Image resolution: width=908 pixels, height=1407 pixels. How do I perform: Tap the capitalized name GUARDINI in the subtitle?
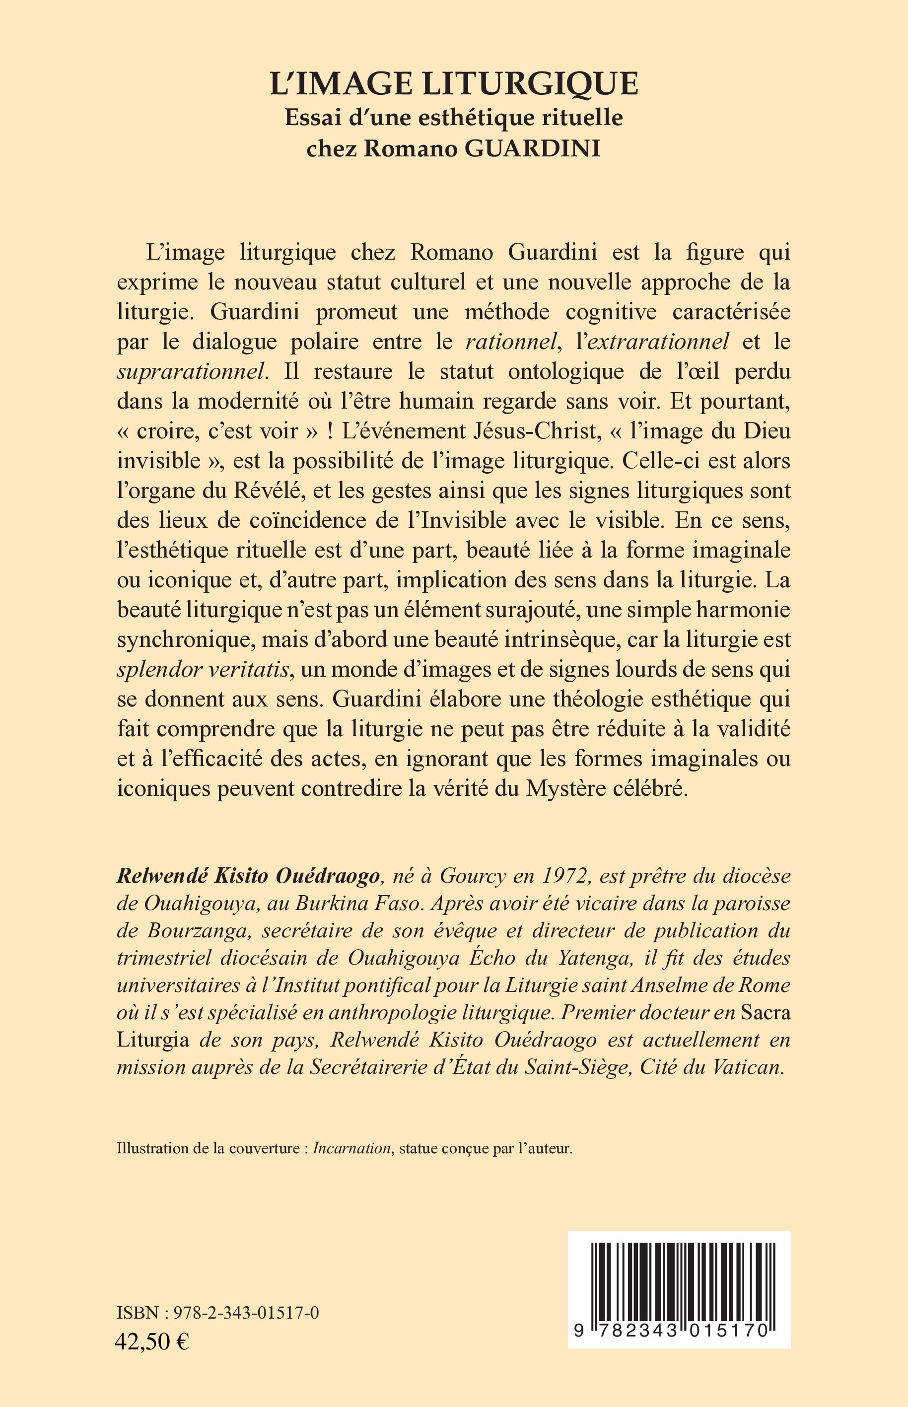[533, 148]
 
